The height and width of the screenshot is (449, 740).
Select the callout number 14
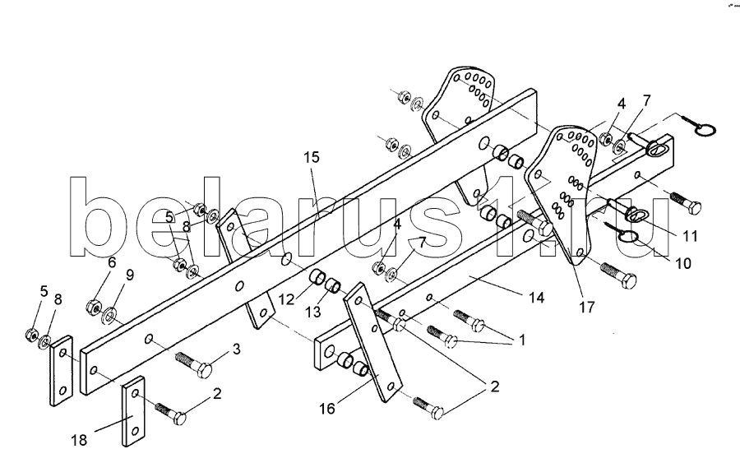(536, 298)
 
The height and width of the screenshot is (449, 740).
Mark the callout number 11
(689, 236)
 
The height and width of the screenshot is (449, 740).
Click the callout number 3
(236, 349)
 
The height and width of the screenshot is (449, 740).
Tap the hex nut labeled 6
(94, 308)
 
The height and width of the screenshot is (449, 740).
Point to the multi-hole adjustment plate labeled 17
(567, 189)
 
